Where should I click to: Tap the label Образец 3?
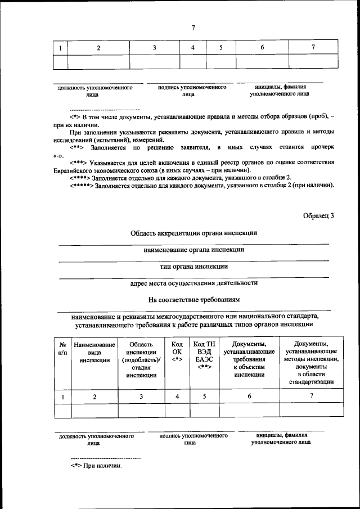(318, 215)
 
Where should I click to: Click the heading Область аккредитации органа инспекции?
(194, 233)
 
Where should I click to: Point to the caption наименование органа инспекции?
(194, 249)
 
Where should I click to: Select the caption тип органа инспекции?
(194, 266)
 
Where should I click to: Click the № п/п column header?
(62, 348)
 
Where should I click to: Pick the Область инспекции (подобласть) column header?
(141, 360)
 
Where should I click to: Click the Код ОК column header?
(177, 352)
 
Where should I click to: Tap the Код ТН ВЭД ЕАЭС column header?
(204, 356)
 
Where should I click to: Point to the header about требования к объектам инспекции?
(249, 360)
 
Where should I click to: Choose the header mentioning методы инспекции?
(312, 363)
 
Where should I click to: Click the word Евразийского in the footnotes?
(76, 170)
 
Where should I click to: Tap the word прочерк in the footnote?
(321, 147)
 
